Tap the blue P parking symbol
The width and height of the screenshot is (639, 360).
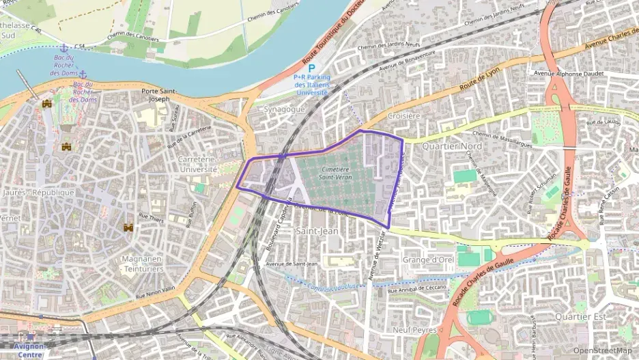click(x=311, y=68)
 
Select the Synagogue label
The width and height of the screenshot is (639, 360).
click(x=282, y=109)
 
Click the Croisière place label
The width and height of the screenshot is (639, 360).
click(x=403, y=116)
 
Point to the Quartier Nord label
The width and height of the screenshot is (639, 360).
click(x=451, y=146)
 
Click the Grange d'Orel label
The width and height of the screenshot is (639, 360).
click(x=428, y=260)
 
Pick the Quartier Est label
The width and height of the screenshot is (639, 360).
click(x=580, y=316)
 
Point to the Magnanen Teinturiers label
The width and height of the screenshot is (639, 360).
click(x=140, y=264)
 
